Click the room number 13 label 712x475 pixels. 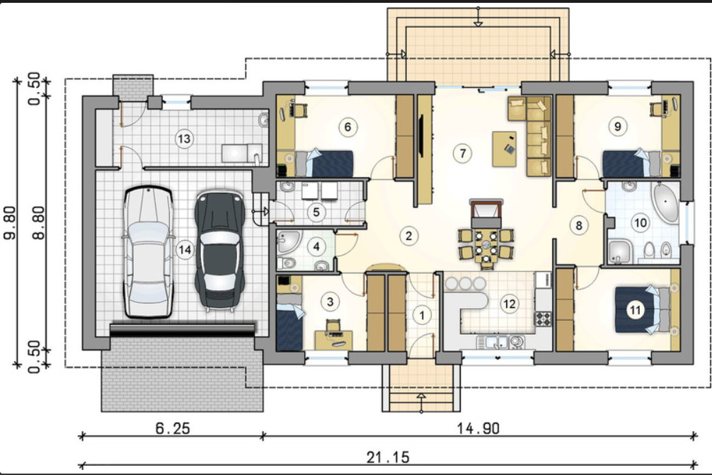184,138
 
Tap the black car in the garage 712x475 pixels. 220,250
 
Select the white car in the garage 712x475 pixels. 149,251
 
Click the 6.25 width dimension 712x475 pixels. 173,428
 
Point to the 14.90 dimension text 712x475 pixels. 478,428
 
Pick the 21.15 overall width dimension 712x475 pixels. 389,457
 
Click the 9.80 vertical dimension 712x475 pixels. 10,222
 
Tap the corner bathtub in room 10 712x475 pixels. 666,202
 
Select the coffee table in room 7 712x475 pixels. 504,149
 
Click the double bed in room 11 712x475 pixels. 642,309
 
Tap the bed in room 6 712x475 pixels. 323,164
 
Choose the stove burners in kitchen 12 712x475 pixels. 543,319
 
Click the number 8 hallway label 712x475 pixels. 578,225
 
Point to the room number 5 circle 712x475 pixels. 316,212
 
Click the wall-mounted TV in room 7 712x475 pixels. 421,137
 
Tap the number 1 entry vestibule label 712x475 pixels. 423,315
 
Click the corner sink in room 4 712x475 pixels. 288,241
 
